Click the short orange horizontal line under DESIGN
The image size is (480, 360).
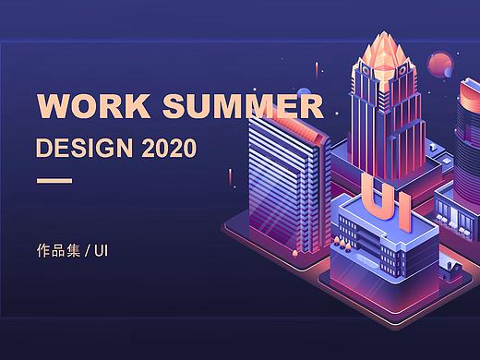pos(54,180)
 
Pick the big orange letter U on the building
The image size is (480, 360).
pos(375,197)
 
